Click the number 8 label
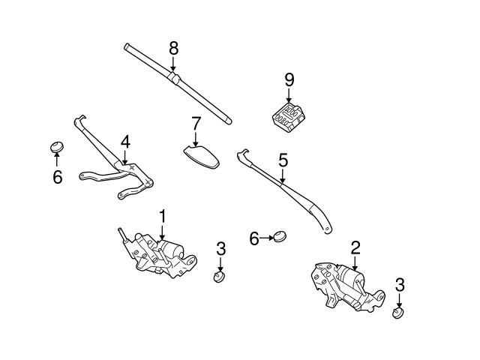pyautogui.click(x=173, y=48)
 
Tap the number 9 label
pyautogui.click(x=289, y=79)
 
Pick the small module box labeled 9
pyautogui.click(x=289, y=117)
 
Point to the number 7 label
pyautogui.click(x=196, y=122)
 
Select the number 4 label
pyautogui.click(x=125, y=140)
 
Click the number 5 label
pyautogui.click(x=283, y=159)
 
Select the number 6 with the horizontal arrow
pyautogui.click(x=254, y=238)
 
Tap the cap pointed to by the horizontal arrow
pyautogui.click(x=280, y=237)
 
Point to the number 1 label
pyautogui.click(x=161, y=216)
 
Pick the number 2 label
pyautogui.click(x=355, y=246)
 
